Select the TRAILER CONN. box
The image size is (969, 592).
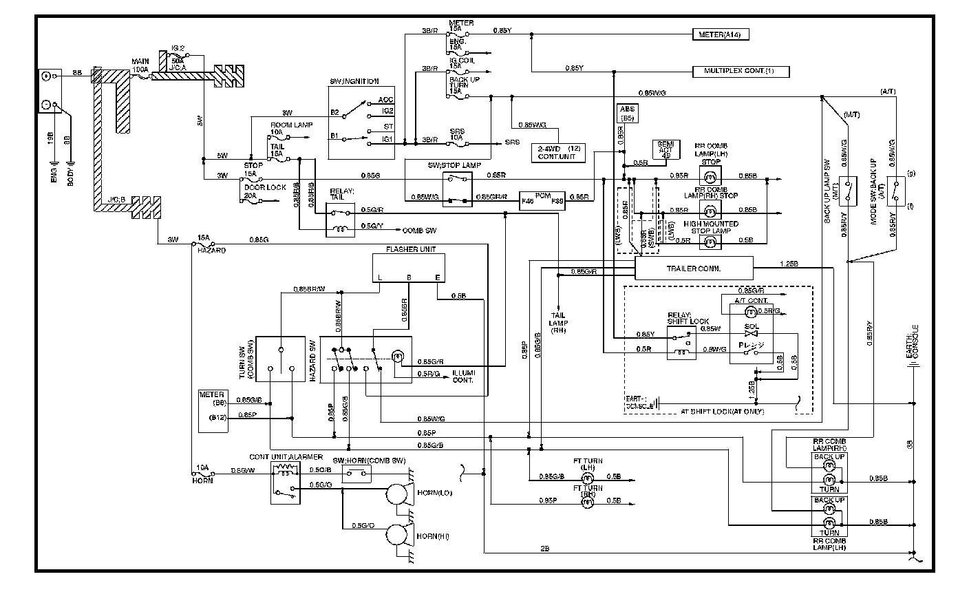(693, 268)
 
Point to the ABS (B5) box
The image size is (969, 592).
(627, 114)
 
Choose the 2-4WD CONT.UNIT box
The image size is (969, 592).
(560, 153)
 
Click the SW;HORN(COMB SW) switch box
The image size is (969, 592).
(356, 474)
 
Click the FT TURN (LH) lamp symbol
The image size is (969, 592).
(588, 476)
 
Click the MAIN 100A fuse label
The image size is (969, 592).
(140, 66)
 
